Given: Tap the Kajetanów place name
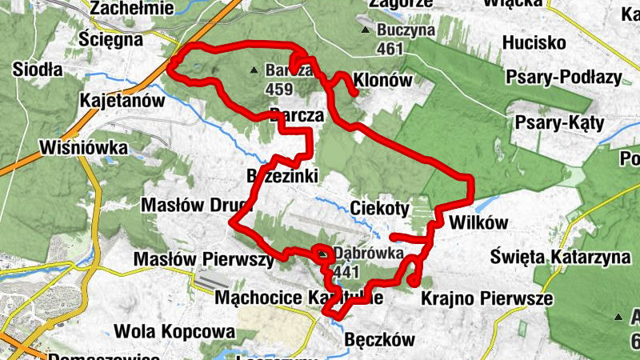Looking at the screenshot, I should pyautogui.click(x=122, y=101).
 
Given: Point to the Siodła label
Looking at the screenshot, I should pyautogui.click(x=38, y=70).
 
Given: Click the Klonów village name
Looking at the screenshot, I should pyautogui.click(x=382, y=80).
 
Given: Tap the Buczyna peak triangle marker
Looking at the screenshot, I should pyautogui.click(x=366, y=31).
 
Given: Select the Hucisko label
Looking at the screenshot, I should pyautogui.click(x=534, y=42).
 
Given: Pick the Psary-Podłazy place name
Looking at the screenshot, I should pyautogui.click(x=564, y=77).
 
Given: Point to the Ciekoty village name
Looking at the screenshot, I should pyautogui.click(x=380, y=209).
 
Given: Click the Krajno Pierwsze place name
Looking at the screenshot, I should pyautogui.click(x=476, y=298).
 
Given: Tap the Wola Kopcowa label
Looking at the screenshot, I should pyautogui.click(x=175, y=330).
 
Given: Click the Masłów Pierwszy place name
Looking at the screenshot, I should pyautogui.click(x=203, y=259).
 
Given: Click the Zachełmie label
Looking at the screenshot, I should pyautogui.click(x=133, y=8).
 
